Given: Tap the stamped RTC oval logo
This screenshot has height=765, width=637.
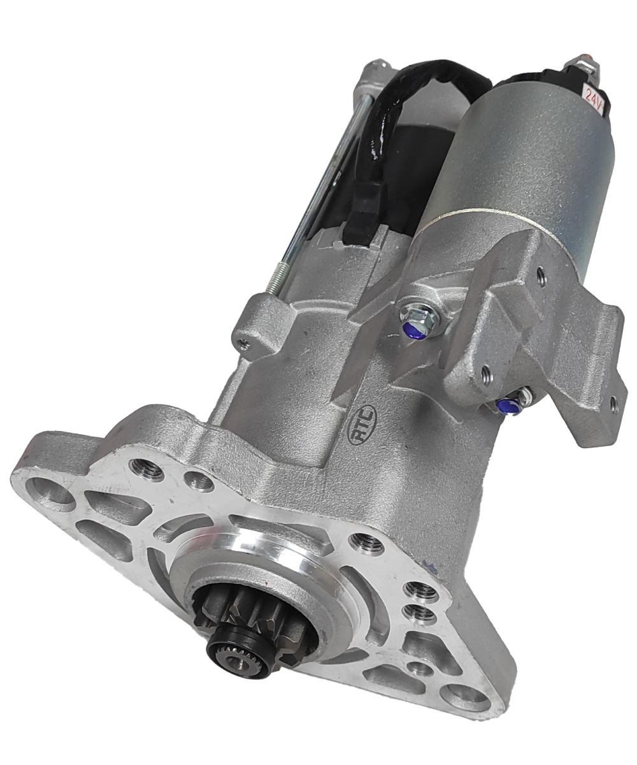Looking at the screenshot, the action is point(362,425).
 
